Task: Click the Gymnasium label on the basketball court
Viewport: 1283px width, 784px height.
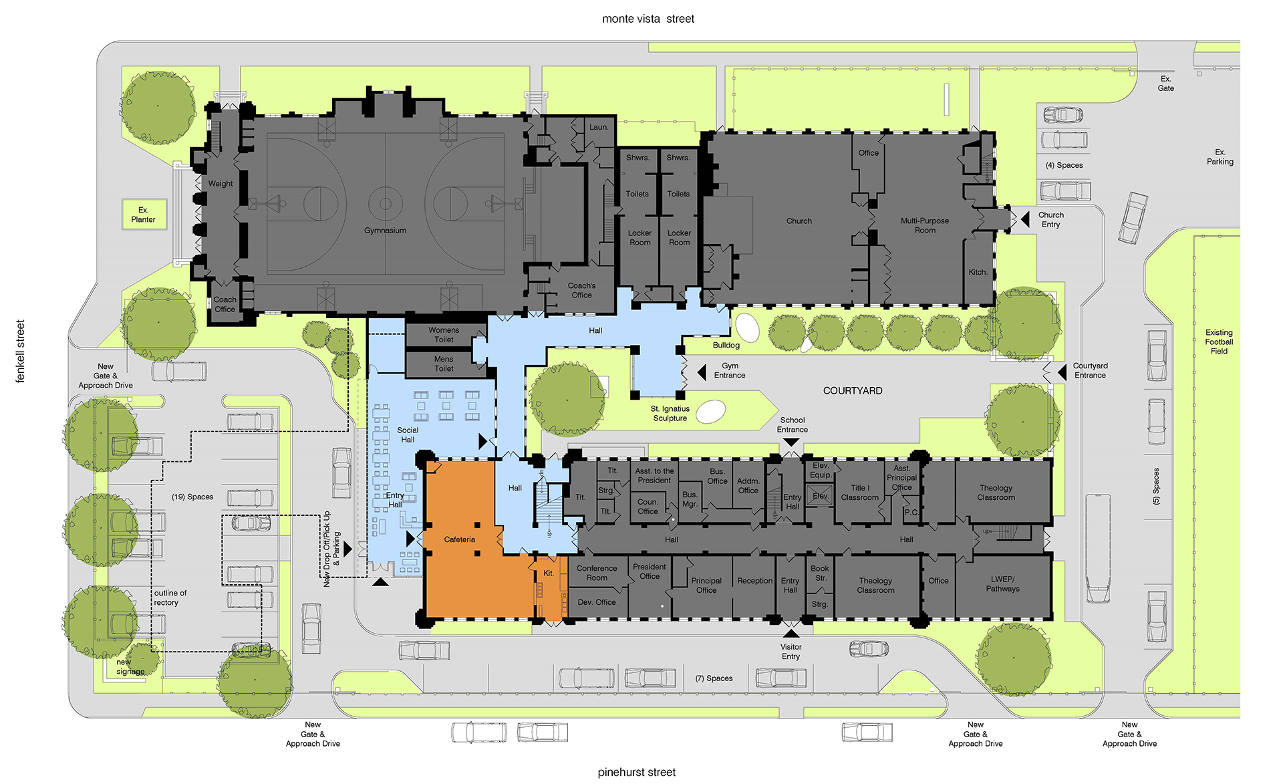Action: pos(385,231)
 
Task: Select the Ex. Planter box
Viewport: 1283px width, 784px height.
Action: pos(144,215)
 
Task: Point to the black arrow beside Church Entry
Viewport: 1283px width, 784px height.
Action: pos(1024,219)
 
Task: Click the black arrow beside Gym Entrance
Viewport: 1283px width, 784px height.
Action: pos(702,372)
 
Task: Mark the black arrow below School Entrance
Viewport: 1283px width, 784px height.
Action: pos(791,442)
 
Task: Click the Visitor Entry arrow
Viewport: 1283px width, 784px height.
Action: pos(791,633)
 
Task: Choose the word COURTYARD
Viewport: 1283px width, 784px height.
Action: pos(853,391)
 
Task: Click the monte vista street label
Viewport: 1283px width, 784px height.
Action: pos(648,19)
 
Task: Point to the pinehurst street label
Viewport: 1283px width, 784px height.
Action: pos(637,772)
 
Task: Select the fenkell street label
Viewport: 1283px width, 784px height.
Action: pos(20,352)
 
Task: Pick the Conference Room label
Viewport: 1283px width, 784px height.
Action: pos(597,573)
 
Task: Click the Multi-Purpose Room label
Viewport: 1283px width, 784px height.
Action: pos(925,225)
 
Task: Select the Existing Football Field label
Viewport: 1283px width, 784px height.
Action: pos(1219,342)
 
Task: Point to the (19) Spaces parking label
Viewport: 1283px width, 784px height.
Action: pos(192,497)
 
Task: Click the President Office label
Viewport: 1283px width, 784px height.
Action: pos(650,571)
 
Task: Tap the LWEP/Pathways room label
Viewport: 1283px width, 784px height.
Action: pos(1002,584)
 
